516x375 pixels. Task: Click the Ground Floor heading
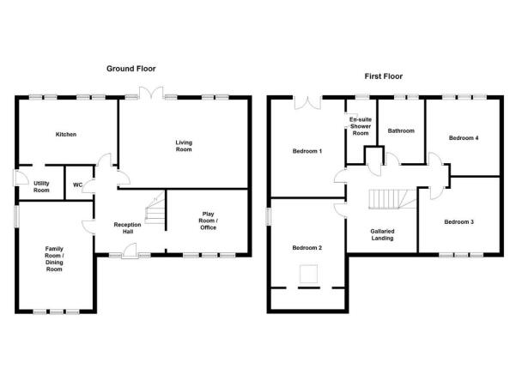click(x=131, y=69)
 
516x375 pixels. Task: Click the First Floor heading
click(x=384, y=76)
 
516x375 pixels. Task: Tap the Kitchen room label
click(x=66, y=134)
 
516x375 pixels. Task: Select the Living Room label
click(x=184, y=146)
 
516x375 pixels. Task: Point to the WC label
click(x=77, y=184)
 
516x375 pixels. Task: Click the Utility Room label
click(x=41, y=186)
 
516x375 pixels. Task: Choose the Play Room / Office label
click(x=208, y=221)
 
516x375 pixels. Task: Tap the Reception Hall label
click(x=127, y=228)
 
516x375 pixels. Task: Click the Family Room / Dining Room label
click(x=54, y=259)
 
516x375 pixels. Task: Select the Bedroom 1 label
click(x=307, y=151)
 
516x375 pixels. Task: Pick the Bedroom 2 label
click(x=307, y=248)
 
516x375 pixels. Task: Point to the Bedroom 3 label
click(x=458, y=222)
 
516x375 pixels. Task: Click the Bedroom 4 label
click(x=464, y=138)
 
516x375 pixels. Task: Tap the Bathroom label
click(x=401, y=131)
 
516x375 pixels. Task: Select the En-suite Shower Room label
click(x=361, y=126)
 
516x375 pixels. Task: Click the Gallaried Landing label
click(x=382, y=234)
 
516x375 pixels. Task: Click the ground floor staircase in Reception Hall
click(x=155, y=209)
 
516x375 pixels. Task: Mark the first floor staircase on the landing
click(x=392, y=199)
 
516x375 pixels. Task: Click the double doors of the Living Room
click(x=151, y=93)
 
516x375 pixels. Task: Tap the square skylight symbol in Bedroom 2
click(x=308, y=274)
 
